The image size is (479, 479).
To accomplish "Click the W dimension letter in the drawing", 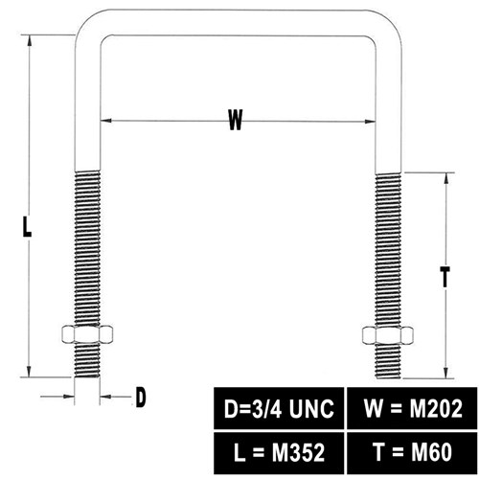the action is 236,120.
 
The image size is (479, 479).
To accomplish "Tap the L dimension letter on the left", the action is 27,226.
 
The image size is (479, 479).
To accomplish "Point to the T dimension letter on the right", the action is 445,277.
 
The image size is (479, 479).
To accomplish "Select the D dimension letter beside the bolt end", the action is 141,397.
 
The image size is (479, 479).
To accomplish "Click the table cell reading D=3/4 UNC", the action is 279,408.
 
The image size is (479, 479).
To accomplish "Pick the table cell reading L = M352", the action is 279,453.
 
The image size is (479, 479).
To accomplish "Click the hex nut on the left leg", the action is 87,334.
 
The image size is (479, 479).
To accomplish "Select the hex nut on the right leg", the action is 388,335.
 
